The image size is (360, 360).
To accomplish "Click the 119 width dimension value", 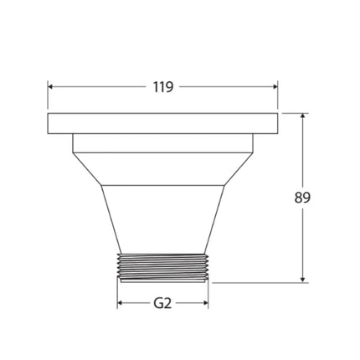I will click(162, 86).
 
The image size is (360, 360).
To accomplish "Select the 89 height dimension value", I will click(302, 198).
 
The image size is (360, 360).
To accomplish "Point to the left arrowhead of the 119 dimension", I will click(51, 86).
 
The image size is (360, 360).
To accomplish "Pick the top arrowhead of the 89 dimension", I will click(302, 117).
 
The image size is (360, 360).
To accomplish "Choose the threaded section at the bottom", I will click(162, 267).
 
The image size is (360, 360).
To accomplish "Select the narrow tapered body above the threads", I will click(162, 218).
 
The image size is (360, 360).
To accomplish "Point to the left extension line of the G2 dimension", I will click(117, 295).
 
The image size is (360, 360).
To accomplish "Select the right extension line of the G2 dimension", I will click(208, 295).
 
